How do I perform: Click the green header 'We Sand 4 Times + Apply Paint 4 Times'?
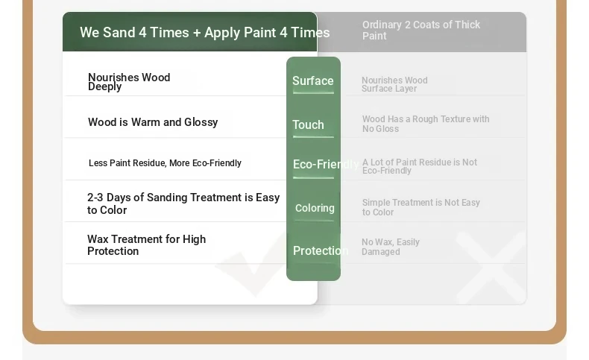pyautogui.click(x=205, y=33)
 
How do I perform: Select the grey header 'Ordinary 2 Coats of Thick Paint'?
pyautogui.click(x=421, y=30)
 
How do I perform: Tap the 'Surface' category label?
pyautogui.click(x=313, y=80)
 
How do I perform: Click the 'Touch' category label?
pyautogui.click(x=308, y=124)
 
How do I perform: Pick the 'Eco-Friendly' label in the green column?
pyautogui.click(x=326, y=165)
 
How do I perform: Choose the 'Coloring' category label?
pyautogui.click(x=315, y=208)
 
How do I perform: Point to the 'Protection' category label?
pyautogui.click(x=321, y=250)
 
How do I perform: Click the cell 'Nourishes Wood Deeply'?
pyautogui.click(x=129, y=82)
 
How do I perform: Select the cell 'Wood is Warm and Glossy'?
pyautogui.click(x=153, y=122)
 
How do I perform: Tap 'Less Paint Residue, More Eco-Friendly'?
pyautogui.click(x=165, y=163)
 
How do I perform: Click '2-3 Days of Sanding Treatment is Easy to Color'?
pyautogui.click(x=183, y=203)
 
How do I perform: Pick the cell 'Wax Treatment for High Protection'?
pyautogui.click(x=146, y=245)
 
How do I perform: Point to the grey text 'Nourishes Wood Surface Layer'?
pyautogui.click(x=394, y=84)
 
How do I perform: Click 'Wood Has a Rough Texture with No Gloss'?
pyautogui.click(x=426, y=124)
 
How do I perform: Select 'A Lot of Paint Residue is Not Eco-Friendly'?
pyautogui.click(x=420, y=166)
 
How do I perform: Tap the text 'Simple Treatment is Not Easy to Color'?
pyautogui.click(x=421, y=207)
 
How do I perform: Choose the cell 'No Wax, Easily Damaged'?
pyautogui.click(x=390, y=247)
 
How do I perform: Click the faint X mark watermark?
pyautogui.click(x=491, y=268)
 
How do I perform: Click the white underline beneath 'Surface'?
pyautogui.click(x=313, y=92)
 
